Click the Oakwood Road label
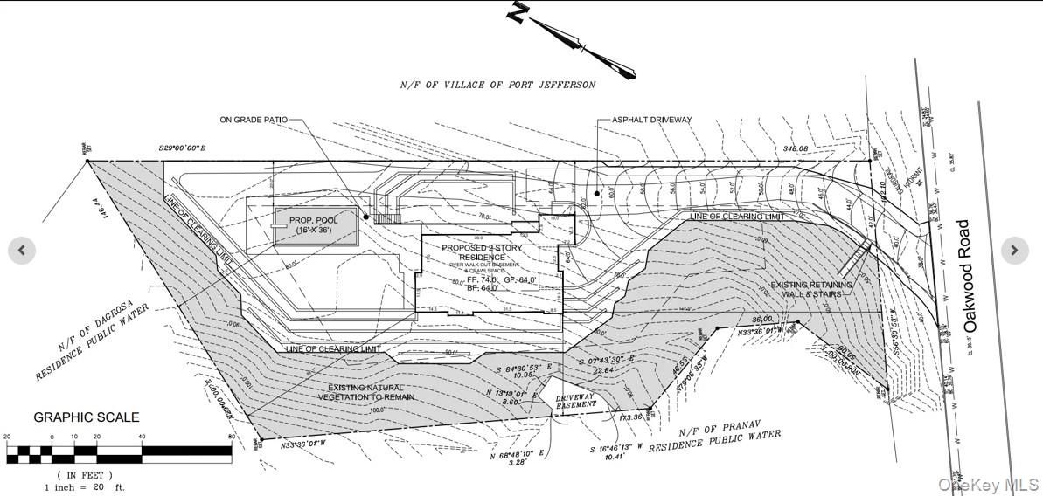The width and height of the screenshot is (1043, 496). (968, 276)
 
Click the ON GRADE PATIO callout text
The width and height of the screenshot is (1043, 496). (253, 120)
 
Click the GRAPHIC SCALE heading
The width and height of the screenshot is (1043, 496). (87, 417)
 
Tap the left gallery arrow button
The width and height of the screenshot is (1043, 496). (22, 251)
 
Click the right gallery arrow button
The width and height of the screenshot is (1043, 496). (1014, 251)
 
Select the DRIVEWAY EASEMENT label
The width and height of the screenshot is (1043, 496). (576, 401)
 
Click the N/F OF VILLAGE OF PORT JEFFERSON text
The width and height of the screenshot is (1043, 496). (497, 85)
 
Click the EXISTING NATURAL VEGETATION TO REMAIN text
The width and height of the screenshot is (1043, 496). (366, 392)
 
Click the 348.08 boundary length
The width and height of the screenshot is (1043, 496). (796, 149)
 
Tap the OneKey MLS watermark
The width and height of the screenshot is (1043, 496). (988, 484)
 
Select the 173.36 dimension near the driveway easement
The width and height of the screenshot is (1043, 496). (630, 417)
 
